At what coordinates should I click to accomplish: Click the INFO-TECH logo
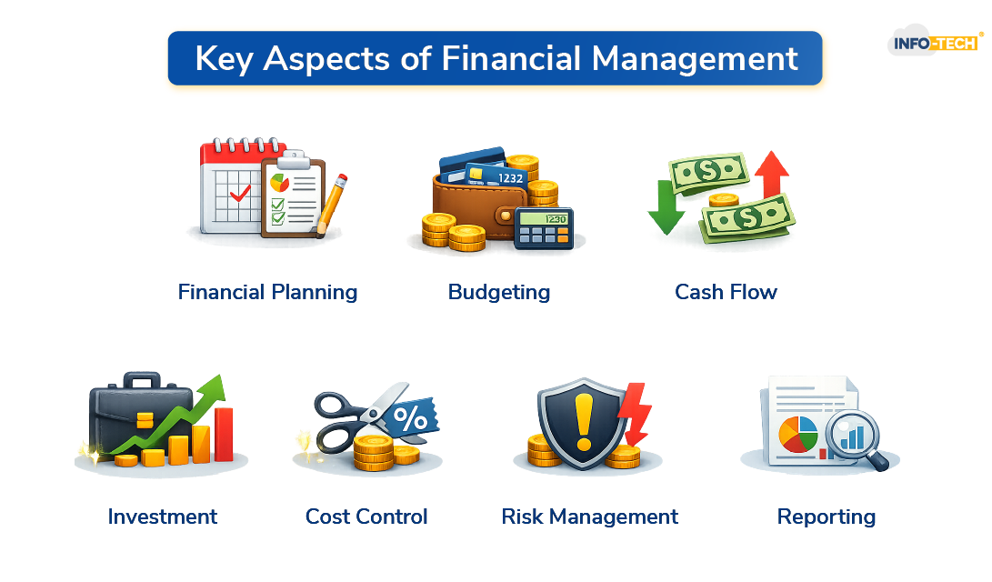tap(935, 43)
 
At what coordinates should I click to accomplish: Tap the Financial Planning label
tap(267, 292)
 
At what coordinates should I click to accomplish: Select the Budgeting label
tap(499, 292)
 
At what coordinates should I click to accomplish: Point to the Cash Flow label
tap(726, 292)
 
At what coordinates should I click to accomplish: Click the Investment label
tap(162, 517)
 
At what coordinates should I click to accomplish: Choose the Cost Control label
tap(366, 517)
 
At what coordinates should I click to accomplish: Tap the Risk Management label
tap(589, 517)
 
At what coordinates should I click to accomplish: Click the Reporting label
tap(826, 517)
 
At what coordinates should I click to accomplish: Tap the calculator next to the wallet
tap(543, 227)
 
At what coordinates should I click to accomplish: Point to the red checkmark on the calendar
tap(239, 194)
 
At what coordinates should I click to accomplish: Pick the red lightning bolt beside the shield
tap(636, 412)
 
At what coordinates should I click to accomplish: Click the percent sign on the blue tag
tap(415, 419)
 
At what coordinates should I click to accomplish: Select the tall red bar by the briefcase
tap(223, 434)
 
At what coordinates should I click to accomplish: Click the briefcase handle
tap(141, 380)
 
